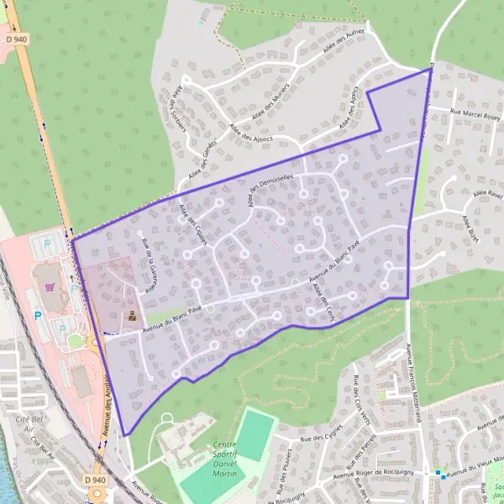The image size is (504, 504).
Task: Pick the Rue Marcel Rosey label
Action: (x=475, y=114)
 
